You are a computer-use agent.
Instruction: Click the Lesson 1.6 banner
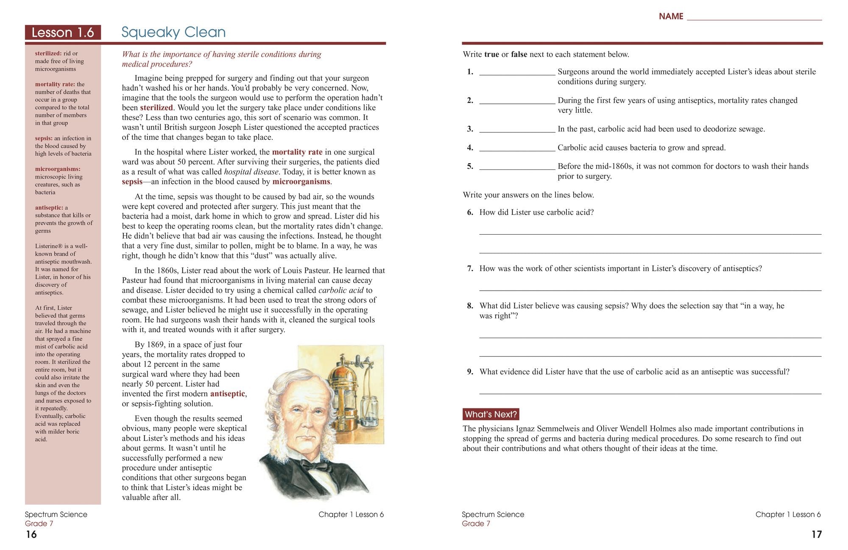point(63,33)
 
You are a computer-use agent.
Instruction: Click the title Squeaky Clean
point(173,32)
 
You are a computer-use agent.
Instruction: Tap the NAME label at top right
point(671,17)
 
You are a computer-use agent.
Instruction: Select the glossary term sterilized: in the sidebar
point(48,53)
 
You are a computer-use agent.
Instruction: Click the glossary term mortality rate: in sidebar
point(55,84)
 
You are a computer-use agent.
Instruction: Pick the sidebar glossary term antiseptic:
point(49,208)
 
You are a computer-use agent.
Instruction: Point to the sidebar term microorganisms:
point(58,169)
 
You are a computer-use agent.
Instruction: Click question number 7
point(470,269)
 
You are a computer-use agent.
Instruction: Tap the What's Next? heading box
point(491,414)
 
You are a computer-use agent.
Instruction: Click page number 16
point(31,535)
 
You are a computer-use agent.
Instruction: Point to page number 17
point(816,535)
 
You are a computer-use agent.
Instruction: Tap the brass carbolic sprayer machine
point(343,390)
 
